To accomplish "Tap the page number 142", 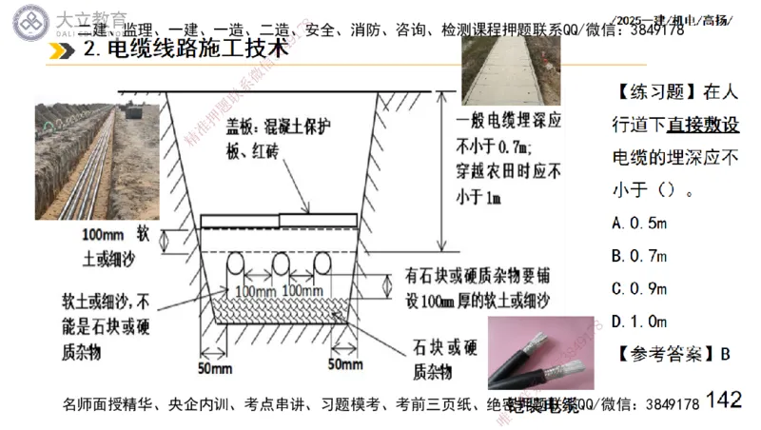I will [x=724, y=400].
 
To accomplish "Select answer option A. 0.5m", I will [x=640, y=224].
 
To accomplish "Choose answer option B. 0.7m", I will [x=640, y=256].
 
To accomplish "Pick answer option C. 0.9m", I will [x=640, y=288].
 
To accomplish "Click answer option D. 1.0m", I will [x=640, y=321].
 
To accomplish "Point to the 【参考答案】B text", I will [x=672, y=354].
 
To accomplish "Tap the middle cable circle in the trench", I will [x=282, y=263].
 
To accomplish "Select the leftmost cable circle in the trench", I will [x=233, y=263].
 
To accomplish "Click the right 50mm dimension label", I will [x=344, y=364].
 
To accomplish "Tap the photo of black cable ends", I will [x=538, y=362].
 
